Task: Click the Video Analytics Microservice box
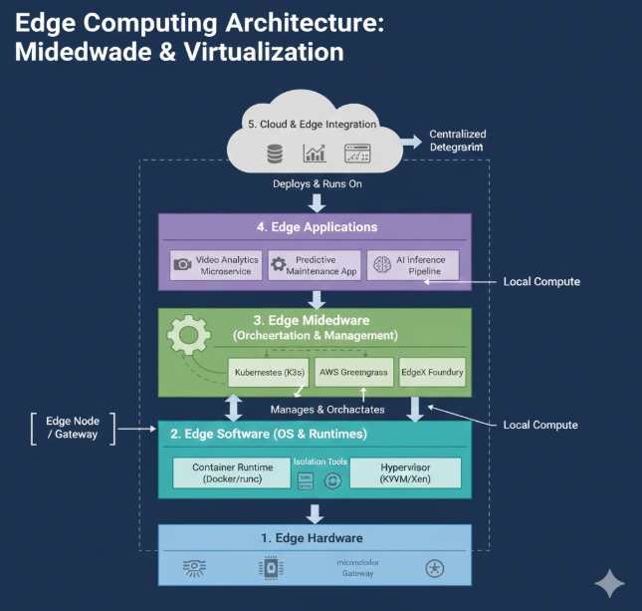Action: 216,265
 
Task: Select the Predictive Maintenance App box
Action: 315,265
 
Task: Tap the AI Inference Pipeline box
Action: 413,265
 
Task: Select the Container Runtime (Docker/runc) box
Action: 232,472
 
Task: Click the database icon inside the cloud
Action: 274,154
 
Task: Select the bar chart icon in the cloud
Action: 316,154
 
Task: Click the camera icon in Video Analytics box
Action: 183,265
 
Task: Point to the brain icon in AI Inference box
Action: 381,265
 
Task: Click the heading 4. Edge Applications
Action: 317,226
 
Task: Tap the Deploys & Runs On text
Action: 316,184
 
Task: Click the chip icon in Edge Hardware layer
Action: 267,569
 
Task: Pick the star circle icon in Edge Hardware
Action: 434,569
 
